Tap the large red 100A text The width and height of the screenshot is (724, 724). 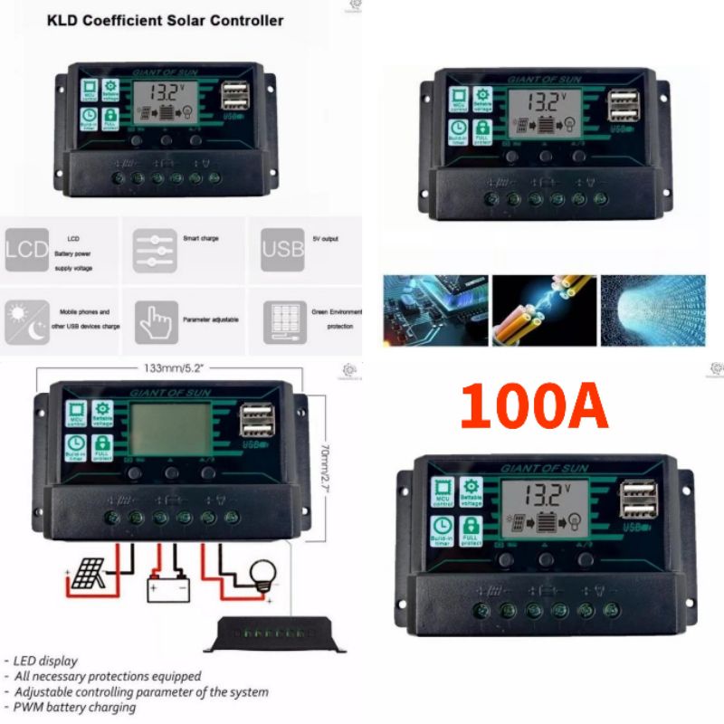pos(533,406)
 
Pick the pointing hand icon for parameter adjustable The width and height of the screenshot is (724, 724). pos(156,321)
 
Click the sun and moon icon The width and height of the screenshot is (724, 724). pos(25,321)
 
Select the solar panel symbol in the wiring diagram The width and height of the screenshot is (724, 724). pos(88,572)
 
